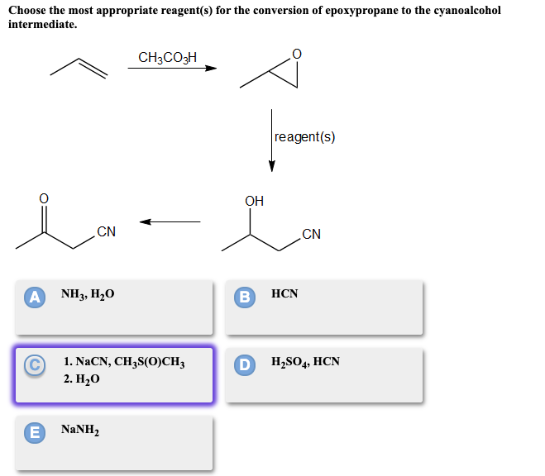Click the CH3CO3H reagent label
(x=168, y=57)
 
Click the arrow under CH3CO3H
(x=171, y=69)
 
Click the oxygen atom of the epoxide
(x=297, y=55)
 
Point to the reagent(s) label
(x=304, y=137)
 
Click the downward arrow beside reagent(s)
(x=271, y=140)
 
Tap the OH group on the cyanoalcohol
(x=255, y=201)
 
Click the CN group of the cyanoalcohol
(x=311, y=234)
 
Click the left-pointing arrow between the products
(x=170, y=221)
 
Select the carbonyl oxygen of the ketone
(x=44, y=198)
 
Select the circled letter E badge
(x=35, y=431)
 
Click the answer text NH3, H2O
(x=88, y=294)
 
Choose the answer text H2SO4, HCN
(x=304, y=362)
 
